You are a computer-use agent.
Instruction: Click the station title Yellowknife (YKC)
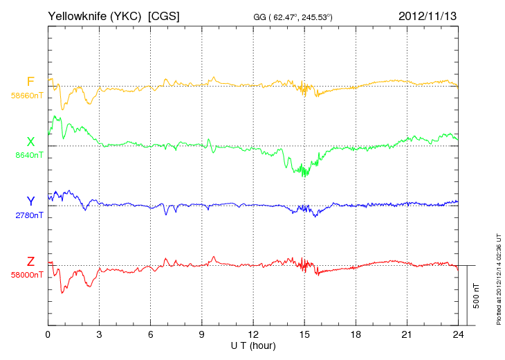click(95, 15)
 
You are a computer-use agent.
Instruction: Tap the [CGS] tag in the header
click(164, 15)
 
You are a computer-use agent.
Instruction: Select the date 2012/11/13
click(428, 15)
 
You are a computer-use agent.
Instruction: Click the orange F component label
click(30, 82)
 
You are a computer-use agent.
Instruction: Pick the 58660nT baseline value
click(27, 96)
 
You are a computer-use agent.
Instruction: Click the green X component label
click(30, 142)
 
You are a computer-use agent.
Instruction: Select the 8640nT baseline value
click(29, 155)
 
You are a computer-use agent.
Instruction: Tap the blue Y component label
click(30, 201)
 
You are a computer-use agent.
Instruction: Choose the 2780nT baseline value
click(29, 215)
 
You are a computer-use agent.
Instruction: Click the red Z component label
click(30, 261)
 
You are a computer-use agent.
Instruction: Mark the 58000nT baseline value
click(27, 275)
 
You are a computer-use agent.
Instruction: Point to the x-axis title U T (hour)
click(253, 345)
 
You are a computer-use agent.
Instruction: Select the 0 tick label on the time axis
click(48, 334)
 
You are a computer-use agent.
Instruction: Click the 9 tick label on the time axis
click(202, 334)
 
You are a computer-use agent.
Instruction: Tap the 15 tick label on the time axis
click(304, 334)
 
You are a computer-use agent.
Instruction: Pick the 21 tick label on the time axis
click(407, 334)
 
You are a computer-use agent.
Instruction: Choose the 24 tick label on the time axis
click(458, 334)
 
